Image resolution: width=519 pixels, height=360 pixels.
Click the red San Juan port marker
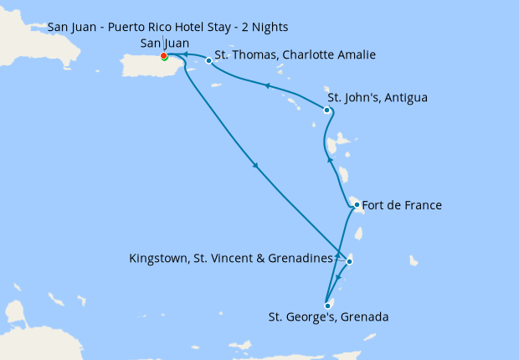(x=164, y=57)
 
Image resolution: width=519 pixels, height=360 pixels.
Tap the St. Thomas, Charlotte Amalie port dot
(x=208, y=60)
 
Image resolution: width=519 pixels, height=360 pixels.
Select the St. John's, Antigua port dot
(x=326, y=110)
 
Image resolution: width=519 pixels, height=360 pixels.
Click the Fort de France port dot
(x=357, y=204)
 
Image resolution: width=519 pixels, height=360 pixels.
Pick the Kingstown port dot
(x=349, y=262)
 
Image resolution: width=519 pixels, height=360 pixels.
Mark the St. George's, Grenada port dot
(x=326, y=306)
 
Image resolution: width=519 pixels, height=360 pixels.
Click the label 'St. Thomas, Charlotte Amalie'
(x=295, y=55)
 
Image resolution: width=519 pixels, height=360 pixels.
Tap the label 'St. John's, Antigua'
(x=378, y=98)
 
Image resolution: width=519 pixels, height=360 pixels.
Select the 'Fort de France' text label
(x=403, y=204)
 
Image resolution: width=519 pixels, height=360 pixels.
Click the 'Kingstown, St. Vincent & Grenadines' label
(x=231, y=259)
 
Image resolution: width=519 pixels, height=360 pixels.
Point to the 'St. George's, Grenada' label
(x=328, y=317)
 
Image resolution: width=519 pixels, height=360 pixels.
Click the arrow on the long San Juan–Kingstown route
(x=255, y=165)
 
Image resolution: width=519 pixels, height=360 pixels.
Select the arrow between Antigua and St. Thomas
(x=266, y=85)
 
